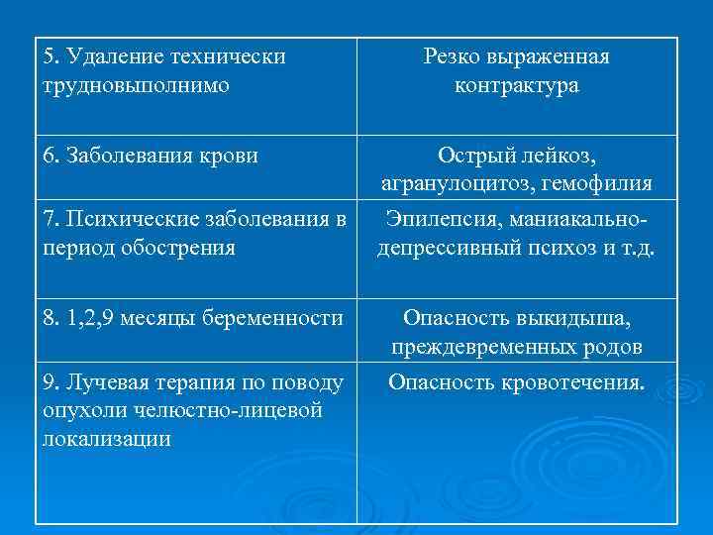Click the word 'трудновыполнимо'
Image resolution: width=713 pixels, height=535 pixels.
click(136, 85)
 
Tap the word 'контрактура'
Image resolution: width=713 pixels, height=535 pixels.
click(517, 85)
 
